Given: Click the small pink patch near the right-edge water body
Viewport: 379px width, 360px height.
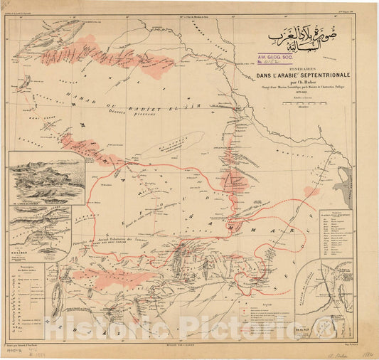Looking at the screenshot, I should click(311, 191).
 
